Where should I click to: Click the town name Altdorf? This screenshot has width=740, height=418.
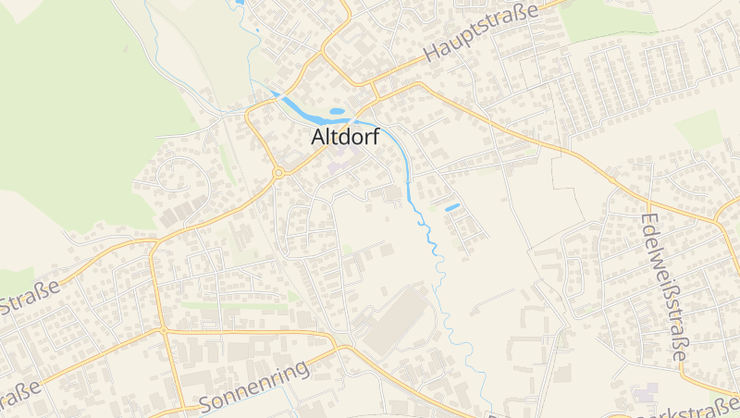346,137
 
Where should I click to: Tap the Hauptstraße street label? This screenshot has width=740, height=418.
480,35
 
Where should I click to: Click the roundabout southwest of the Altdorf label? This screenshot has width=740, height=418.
277,172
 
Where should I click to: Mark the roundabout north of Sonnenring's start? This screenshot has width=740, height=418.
163,329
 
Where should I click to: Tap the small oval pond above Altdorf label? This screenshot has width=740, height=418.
337,112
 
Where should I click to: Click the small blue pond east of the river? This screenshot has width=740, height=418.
452,207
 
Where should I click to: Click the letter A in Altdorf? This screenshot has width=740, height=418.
319,137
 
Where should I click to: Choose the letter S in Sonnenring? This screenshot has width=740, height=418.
206,403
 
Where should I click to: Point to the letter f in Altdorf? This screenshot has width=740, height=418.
375,136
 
